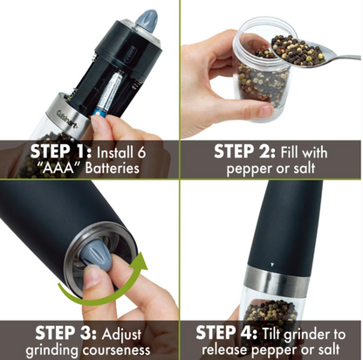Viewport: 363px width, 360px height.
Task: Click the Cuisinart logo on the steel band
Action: [67, 120]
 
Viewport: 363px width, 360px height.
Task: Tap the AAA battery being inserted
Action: [110, 93]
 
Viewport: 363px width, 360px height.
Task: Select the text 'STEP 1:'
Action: [61, 152]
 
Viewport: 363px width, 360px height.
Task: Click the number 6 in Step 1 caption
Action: [140, 152]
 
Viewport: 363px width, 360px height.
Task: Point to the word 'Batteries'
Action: [112, 168]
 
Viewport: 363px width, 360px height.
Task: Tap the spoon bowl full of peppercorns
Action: [299, 52]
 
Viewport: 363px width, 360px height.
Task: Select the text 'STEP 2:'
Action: [244, 151]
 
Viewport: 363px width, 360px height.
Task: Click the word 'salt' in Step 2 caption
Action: [305, 168]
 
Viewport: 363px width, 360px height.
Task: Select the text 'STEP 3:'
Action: [65, 333]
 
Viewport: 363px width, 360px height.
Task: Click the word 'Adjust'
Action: [121, 335]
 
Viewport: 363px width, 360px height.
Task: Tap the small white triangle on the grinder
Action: [272, 265]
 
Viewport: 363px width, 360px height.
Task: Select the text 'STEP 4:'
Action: [227, 333]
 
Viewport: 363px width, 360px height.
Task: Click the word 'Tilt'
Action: [271, 334]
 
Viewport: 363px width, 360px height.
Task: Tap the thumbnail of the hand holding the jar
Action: [266, 110]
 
